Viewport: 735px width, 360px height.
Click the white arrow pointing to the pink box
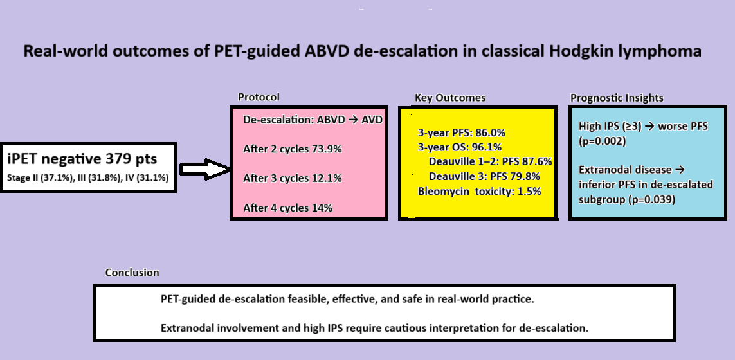pos(205,169)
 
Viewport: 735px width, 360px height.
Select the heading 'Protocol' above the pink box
pos(259,97)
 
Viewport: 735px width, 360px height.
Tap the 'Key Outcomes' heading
pos(450,98)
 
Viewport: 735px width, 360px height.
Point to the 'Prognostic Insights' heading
pos(617,98)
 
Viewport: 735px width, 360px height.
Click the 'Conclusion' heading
pos(132,273)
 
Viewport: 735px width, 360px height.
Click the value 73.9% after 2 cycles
pos(327,149)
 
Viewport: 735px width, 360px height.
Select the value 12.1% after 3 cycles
pos(327,178)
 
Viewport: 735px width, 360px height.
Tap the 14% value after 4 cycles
pos(322,208)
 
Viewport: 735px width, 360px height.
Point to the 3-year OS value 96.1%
pos(486,147)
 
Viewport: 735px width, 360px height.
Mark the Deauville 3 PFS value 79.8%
pos(525,177)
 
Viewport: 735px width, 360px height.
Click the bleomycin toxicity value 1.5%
pos(528,192)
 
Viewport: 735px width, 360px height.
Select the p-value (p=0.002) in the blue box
pos(603,141)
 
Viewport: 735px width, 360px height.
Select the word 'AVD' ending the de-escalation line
pos(372,120)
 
